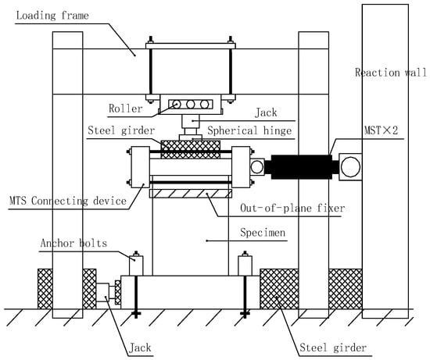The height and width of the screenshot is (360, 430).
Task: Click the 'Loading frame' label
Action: coord(52,16)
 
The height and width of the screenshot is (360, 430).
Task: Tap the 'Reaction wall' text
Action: coord(391,73)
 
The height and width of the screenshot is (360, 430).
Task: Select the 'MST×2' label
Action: coord(381,130)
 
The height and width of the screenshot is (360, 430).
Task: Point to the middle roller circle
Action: coord(190,104)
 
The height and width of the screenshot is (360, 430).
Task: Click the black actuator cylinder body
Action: coord(301,167)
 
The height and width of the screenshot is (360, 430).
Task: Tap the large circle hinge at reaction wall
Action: coord(350,166)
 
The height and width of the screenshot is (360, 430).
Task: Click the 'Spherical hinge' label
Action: coord(249,130)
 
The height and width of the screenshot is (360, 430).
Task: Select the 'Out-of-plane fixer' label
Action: coord(292,209)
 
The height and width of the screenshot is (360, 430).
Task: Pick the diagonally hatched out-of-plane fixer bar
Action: coord(191,194)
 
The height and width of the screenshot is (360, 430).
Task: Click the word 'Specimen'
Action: coord(263,233)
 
